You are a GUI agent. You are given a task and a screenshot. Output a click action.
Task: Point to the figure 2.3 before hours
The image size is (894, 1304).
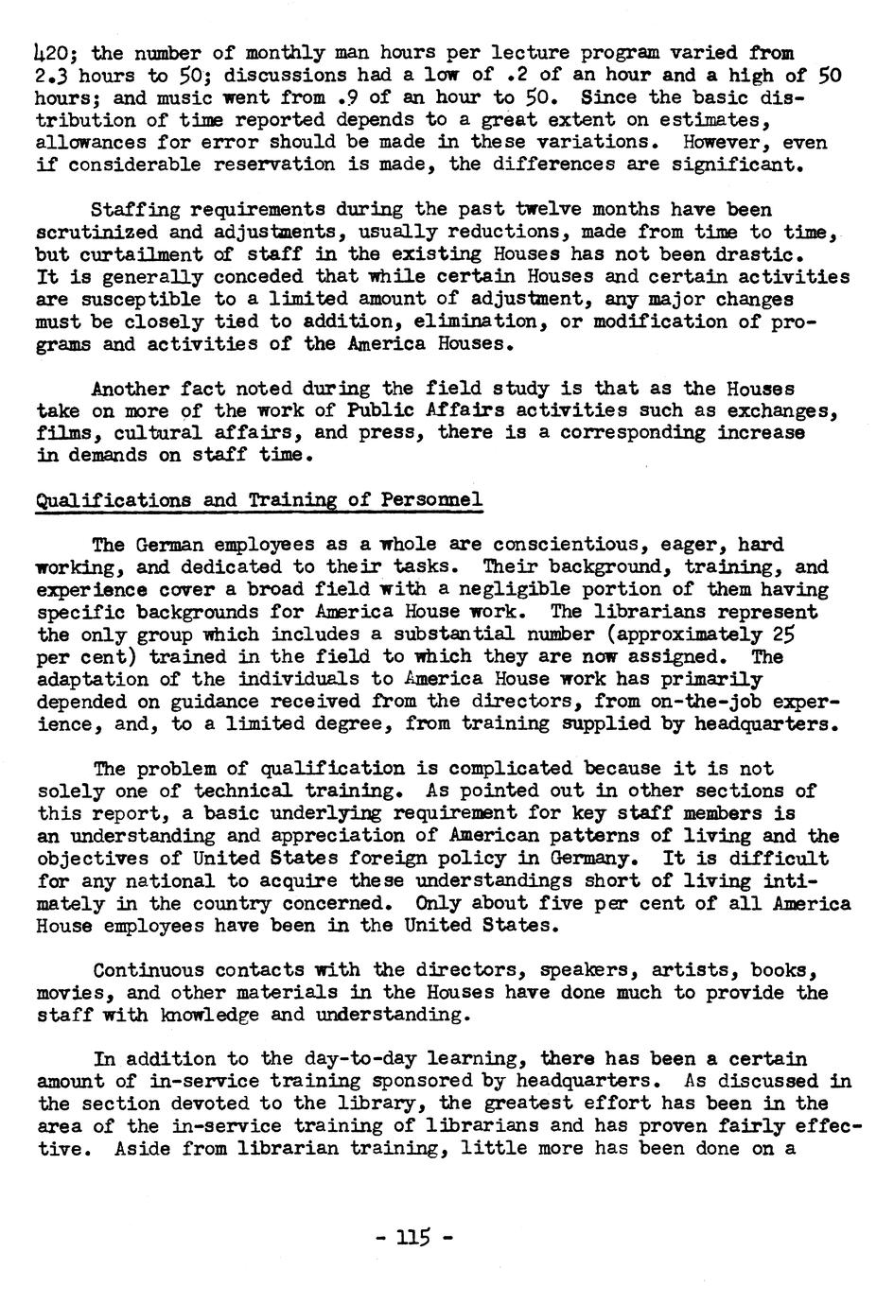[53, 75]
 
